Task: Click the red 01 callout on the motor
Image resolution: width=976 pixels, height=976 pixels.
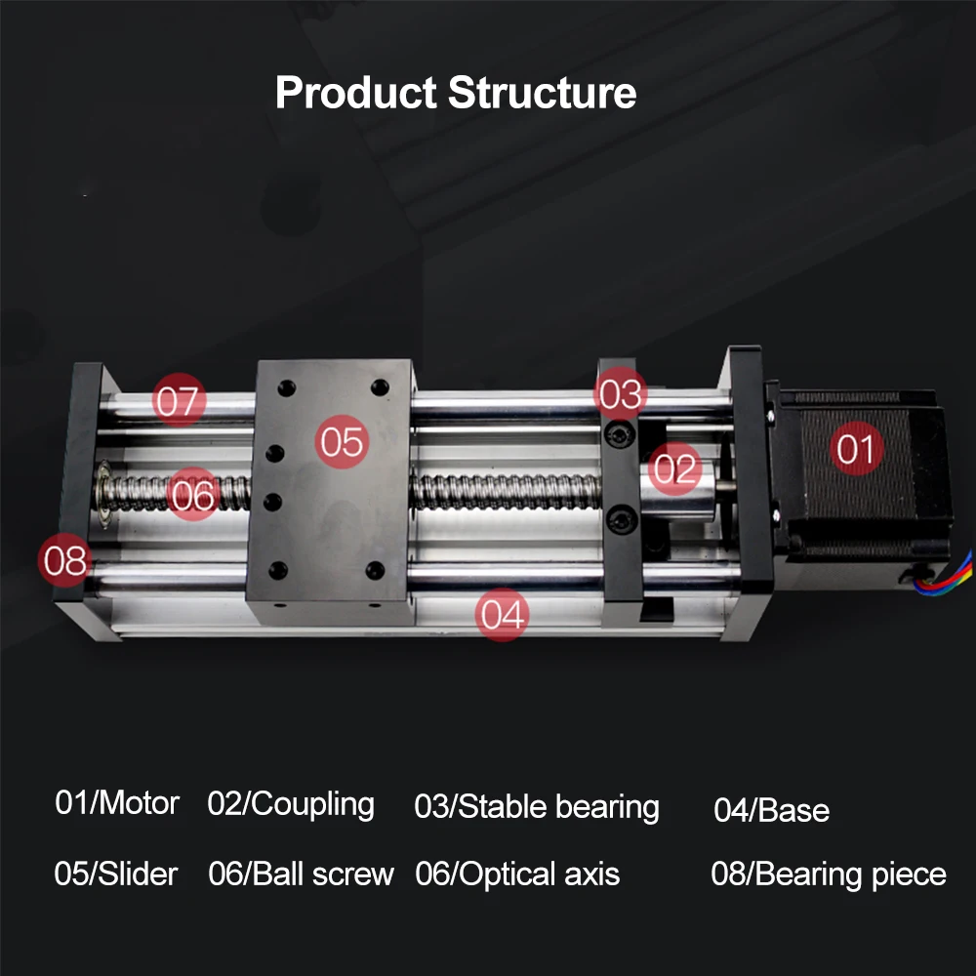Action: pyautogui.click(x=856, y=450)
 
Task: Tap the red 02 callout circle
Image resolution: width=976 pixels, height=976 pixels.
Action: pyautogui.click(x=674, y=469)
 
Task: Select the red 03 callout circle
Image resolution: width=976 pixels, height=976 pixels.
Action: pyautogui.click(x=622, y=394)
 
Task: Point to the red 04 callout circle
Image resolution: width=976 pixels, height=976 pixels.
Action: pyautogui.click(x=502, y=615)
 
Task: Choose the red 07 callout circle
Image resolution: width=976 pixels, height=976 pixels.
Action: pyautogui.click(x=178, y=401)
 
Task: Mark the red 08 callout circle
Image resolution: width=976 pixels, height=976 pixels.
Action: pyautogui.click(x=65, y=561)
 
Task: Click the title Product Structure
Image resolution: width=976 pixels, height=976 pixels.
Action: pyautogui.click(x=456, y=94)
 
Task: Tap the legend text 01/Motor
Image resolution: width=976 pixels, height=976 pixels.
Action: pyautogui.click(x=117, y=803)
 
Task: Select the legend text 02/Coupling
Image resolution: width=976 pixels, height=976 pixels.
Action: pyautogui.click(x=291, y=805)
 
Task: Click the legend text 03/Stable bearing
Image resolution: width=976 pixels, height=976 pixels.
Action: pyautogui.click(x=537, y=807)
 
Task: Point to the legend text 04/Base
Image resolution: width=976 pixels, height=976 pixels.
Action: pyautogui.click(x=771, y=810)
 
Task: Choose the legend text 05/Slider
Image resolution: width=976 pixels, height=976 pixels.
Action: pyautogui.click(x=116, y=874)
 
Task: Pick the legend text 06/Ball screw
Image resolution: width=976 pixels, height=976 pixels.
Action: pyautogui.click(x=301, y=874)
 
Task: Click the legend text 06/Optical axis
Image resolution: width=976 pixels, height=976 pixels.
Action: pyautogui.click(x=517, y=874)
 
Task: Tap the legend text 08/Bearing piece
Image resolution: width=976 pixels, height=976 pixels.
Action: pyautogui.click(x=828, y=874)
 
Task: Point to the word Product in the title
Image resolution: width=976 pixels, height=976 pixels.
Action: pyautogui.click(x=356, y=94)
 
